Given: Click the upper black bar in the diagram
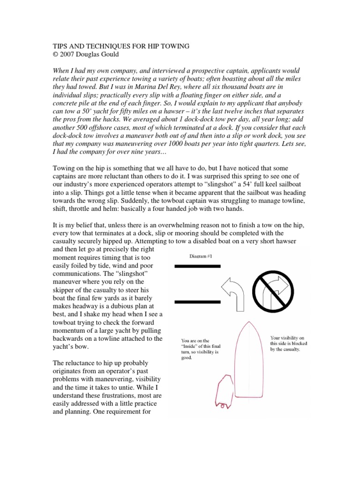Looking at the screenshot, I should click(x=197, y=266).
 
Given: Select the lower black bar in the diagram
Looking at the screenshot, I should click(x=197, y=301).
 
